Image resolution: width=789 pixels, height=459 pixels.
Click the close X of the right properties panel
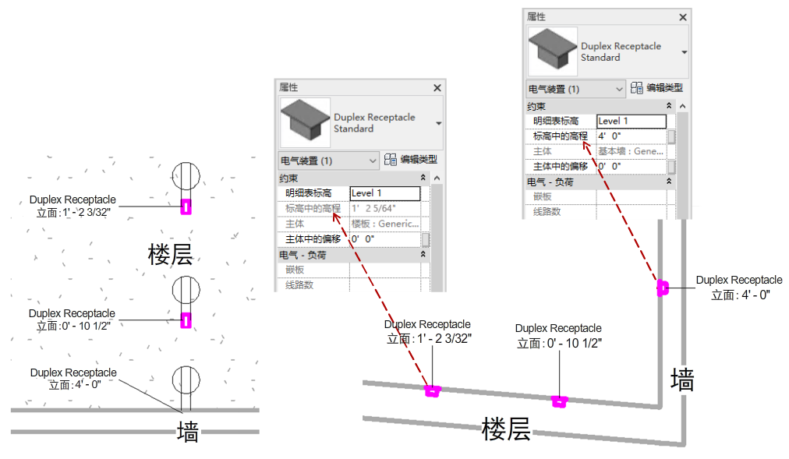coord(683,17)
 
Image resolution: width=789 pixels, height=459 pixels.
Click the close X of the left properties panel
coord(437,88)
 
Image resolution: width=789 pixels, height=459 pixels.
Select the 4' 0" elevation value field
coord(630,136)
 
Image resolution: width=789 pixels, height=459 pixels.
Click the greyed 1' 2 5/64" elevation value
coord(384,208)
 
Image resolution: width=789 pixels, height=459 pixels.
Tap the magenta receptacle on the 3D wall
coord(663,288)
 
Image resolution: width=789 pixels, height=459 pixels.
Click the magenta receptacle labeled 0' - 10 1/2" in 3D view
coord(558,401)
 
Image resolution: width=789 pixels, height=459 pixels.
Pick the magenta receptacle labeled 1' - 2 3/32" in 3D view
coord(432,390)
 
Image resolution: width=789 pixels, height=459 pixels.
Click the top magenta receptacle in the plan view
coord(186,206)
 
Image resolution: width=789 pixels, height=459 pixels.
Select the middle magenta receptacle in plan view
coord(186,320)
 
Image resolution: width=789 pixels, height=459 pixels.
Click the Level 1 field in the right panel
coord(631,121)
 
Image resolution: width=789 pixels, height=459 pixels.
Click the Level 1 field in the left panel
coord(385,193)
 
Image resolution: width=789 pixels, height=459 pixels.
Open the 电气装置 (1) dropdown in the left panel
coord(328,161)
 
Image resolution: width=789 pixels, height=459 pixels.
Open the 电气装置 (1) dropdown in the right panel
coord(576,89)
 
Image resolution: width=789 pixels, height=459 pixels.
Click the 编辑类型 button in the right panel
coord(656,88)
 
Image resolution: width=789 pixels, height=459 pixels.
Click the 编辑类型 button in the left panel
coord(410,160)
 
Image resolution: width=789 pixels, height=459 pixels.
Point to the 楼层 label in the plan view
coord(170,254)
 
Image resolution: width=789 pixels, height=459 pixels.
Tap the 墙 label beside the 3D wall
coord(682,380)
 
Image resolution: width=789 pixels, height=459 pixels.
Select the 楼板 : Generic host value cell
coord(384,224)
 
